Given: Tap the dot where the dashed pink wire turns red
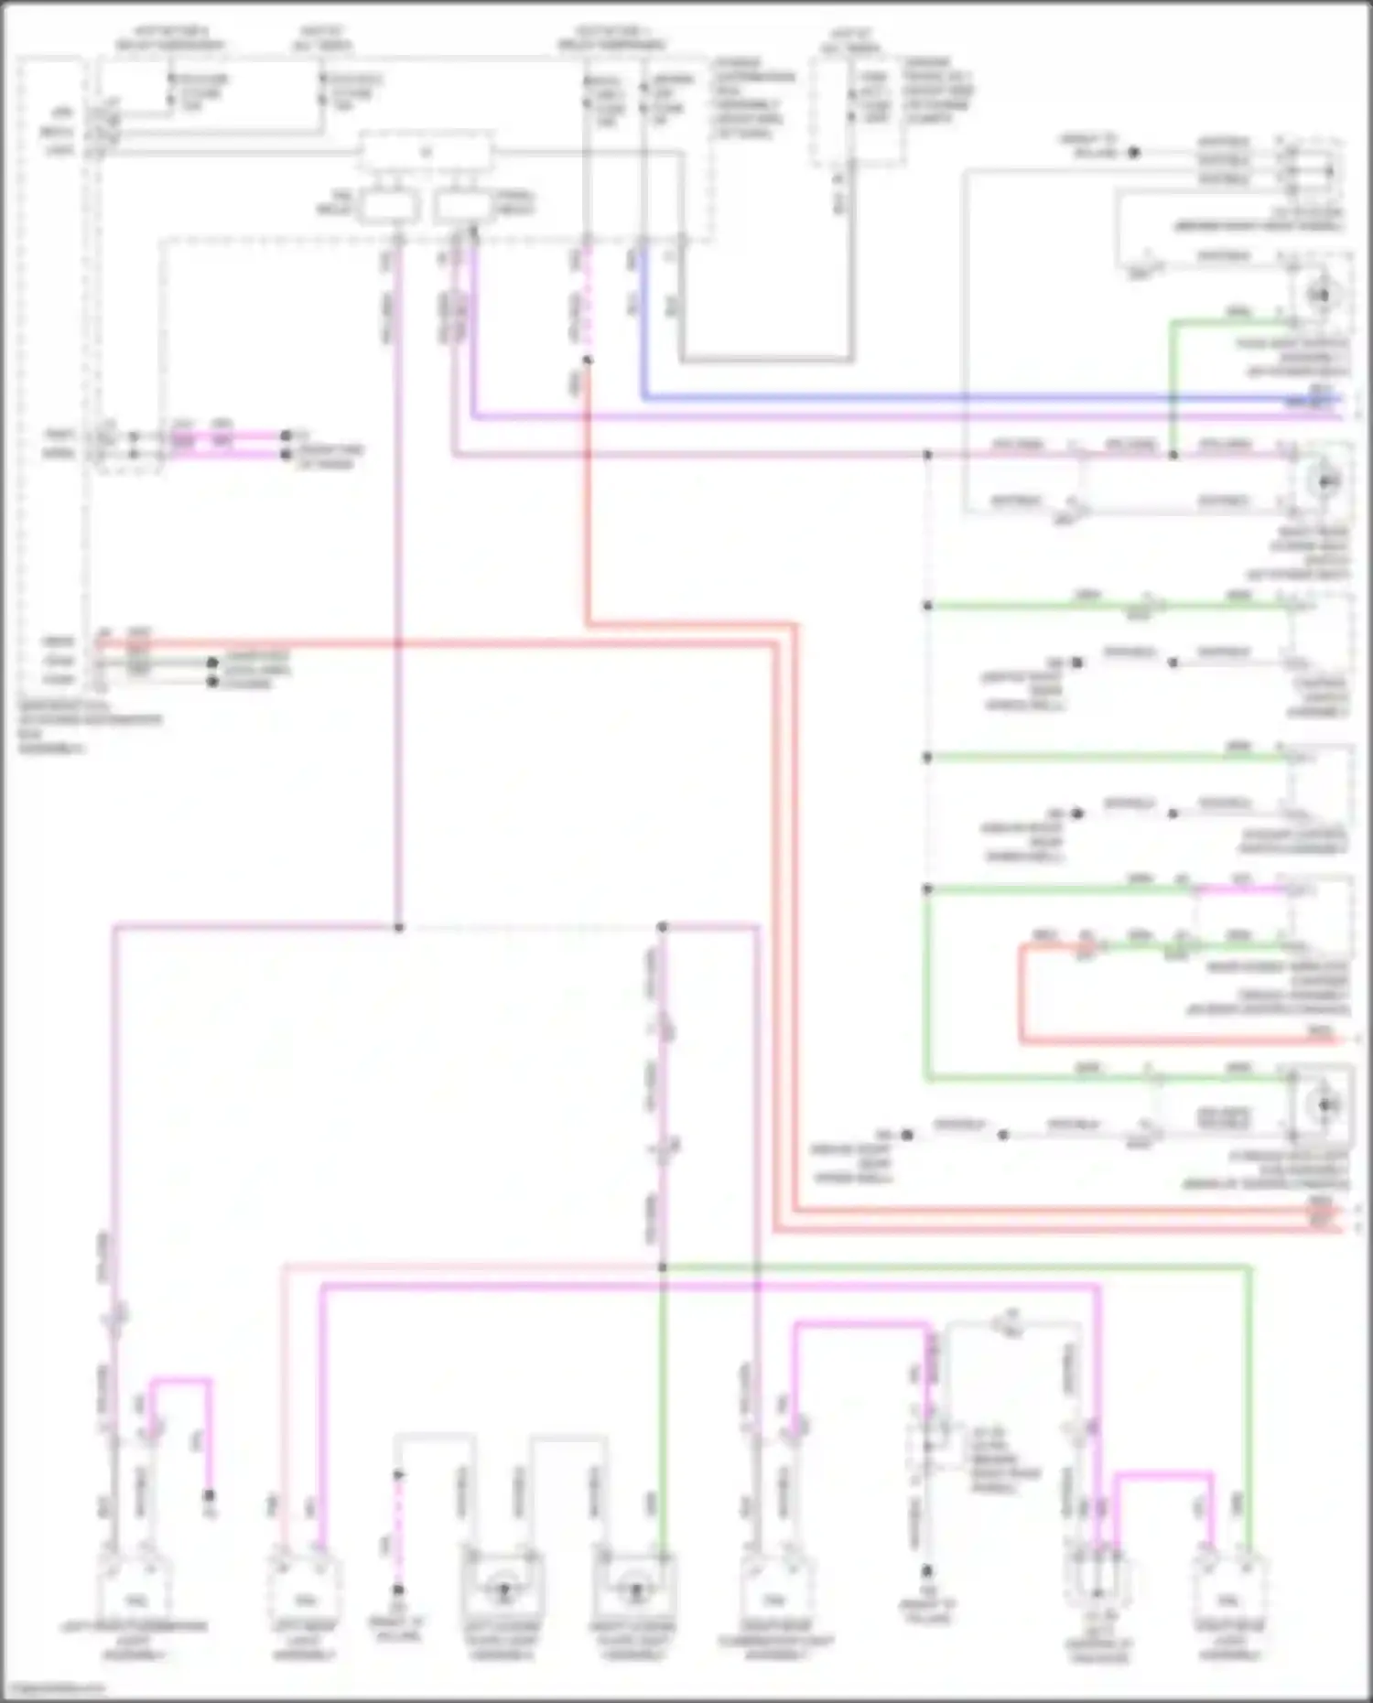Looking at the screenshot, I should click(x=587, y=361).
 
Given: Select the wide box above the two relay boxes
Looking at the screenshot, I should click(x=426, y=152).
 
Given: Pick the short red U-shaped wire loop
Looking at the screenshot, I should click(x=1022, y=997).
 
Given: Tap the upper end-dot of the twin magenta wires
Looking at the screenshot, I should click(x=286, y=436).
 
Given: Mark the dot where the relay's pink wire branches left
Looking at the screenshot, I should click(x=398, y=927).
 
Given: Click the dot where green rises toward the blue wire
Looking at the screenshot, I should click(x=1173, y=454).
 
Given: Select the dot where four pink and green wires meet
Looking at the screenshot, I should click(x=662, y=1267).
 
